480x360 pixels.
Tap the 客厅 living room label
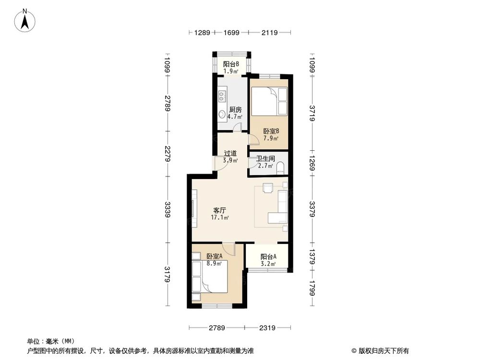(x=220, y=210)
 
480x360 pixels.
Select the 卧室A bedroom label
(x=214, y=256)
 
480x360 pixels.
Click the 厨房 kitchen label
(x=235, y=109)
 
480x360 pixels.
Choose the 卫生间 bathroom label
(x=265, y=158)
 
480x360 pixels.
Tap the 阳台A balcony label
(x=268, y=256)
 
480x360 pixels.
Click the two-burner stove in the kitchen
(x=222, y=96)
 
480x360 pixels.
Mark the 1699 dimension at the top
(x=231, y=33)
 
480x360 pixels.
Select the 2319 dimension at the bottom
(x=267, y=328)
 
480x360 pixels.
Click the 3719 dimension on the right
(x=312, y=113)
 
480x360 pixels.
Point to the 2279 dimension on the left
(x=167, y=154)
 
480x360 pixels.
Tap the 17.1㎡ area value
(x=220, y=217)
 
